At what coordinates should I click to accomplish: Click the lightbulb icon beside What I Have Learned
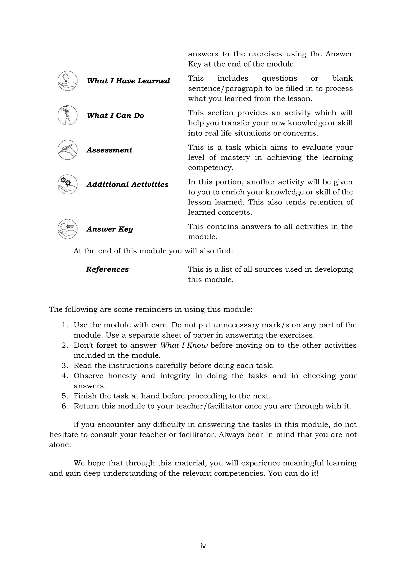[x=67, y=81]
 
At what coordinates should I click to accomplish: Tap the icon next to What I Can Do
[x=67, y=115]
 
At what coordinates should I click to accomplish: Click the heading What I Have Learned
[x=128, y=81]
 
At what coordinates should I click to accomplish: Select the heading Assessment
[x=109, y=150]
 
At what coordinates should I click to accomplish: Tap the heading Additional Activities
[x=127, y=185]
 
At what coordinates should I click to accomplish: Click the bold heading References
[x=107, y=269]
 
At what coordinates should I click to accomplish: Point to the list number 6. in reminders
[x=65, y=406]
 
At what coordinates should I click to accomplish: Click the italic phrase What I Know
[x=184, y=345]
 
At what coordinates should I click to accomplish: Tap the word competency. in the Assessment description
[x=211, y=168]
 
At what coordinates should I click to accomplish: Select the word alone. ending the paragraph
[x=60, y=445]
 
